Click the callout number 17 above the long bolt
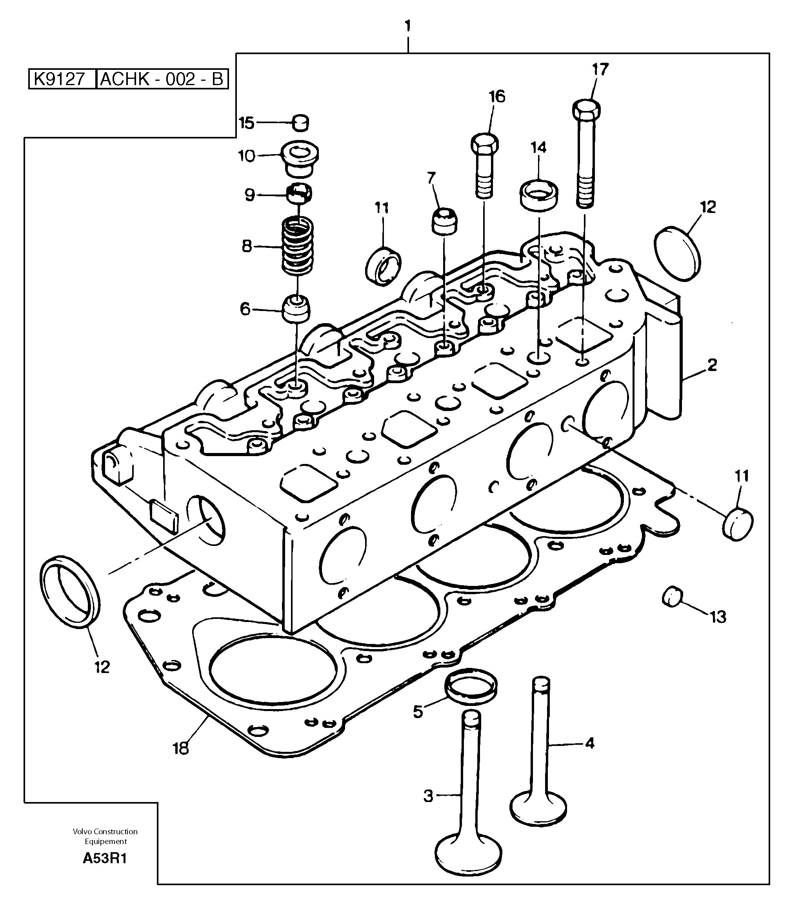pyautogui.click(x=600, y=70)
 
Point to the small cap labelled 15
pyautogui.click(x=301, y=123)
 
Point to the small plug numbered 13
pyautogui.click(x=672, y=597)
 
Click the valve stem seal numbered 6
pyautogui.click(x=296, y=308)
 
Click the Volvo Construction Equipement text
pyautogui.click(x=105, y=836)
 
